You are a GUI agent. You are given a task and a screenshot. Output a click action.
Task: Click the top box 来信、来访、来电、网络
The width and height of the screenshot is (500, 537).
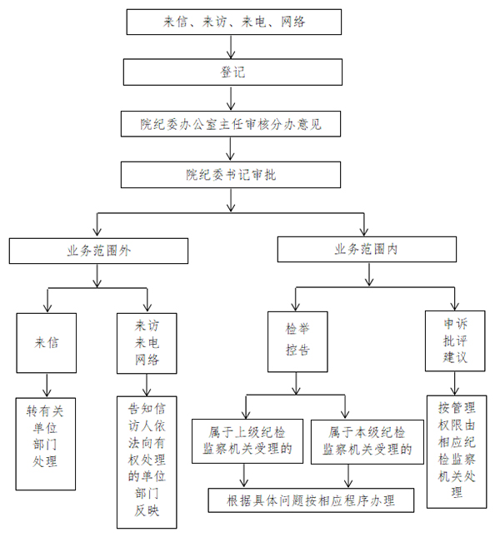pos(233,22)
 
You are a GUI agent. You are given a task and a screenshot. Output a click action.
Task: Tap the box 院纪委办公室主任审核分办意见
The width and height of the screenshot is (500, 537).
pos(230,125)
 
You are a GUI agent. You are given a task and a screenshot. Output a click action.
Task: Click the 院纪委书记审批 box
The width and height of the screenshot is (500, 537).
pos(230,175)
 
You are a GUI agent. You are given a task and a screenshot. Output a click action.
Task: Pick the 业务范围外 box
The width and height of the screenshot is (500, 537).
pos(98,250)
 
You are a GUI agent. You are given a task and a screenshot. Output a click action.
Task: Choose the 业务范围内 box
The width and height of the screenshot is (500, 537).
pos(367,249)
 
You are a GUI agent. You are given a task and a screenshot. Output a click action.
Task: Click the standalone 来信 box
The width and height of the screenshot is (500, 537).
pos(47,341)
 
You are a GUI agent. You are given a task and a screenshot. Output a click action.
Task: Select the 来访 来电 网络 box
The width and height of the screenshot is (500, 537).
pos(147,341)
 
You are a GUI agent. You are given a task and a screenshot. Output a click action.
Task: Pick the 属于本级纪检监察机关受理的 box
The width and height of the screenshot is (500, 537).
pos(365,441)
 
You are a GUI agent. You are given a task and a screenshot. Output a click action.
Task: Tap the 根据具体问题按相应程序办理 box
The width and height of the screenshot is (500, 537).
pos(310,501)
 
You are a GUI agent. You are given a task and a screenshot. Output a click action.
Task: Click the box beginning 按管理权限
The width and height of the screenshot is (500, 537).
pos(457,450)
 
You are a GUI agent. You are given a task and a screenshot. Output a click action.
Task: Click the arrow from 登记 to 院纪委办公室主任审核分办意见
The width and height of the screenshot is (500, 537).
pos(232,98)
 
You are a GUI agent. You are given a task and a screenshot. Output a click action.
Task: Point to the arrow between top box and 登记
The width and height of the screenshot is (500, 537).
pos(232,47)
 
